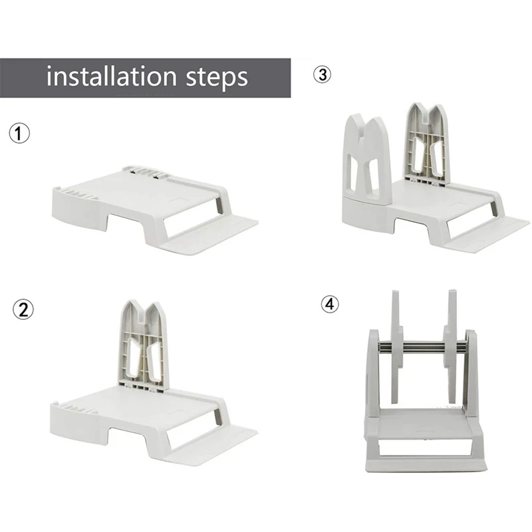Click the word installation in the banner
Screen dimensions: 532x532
point(112,76)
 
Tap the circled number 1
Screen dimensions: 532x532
point(19,133)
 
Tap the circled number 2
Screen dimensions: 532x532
point(23,309)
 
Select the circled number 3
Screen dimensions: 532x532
point(322,74)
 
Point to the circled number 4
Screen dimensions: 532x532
point(330,304)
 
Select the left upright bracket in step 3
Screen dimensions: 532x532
point(367,160)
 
